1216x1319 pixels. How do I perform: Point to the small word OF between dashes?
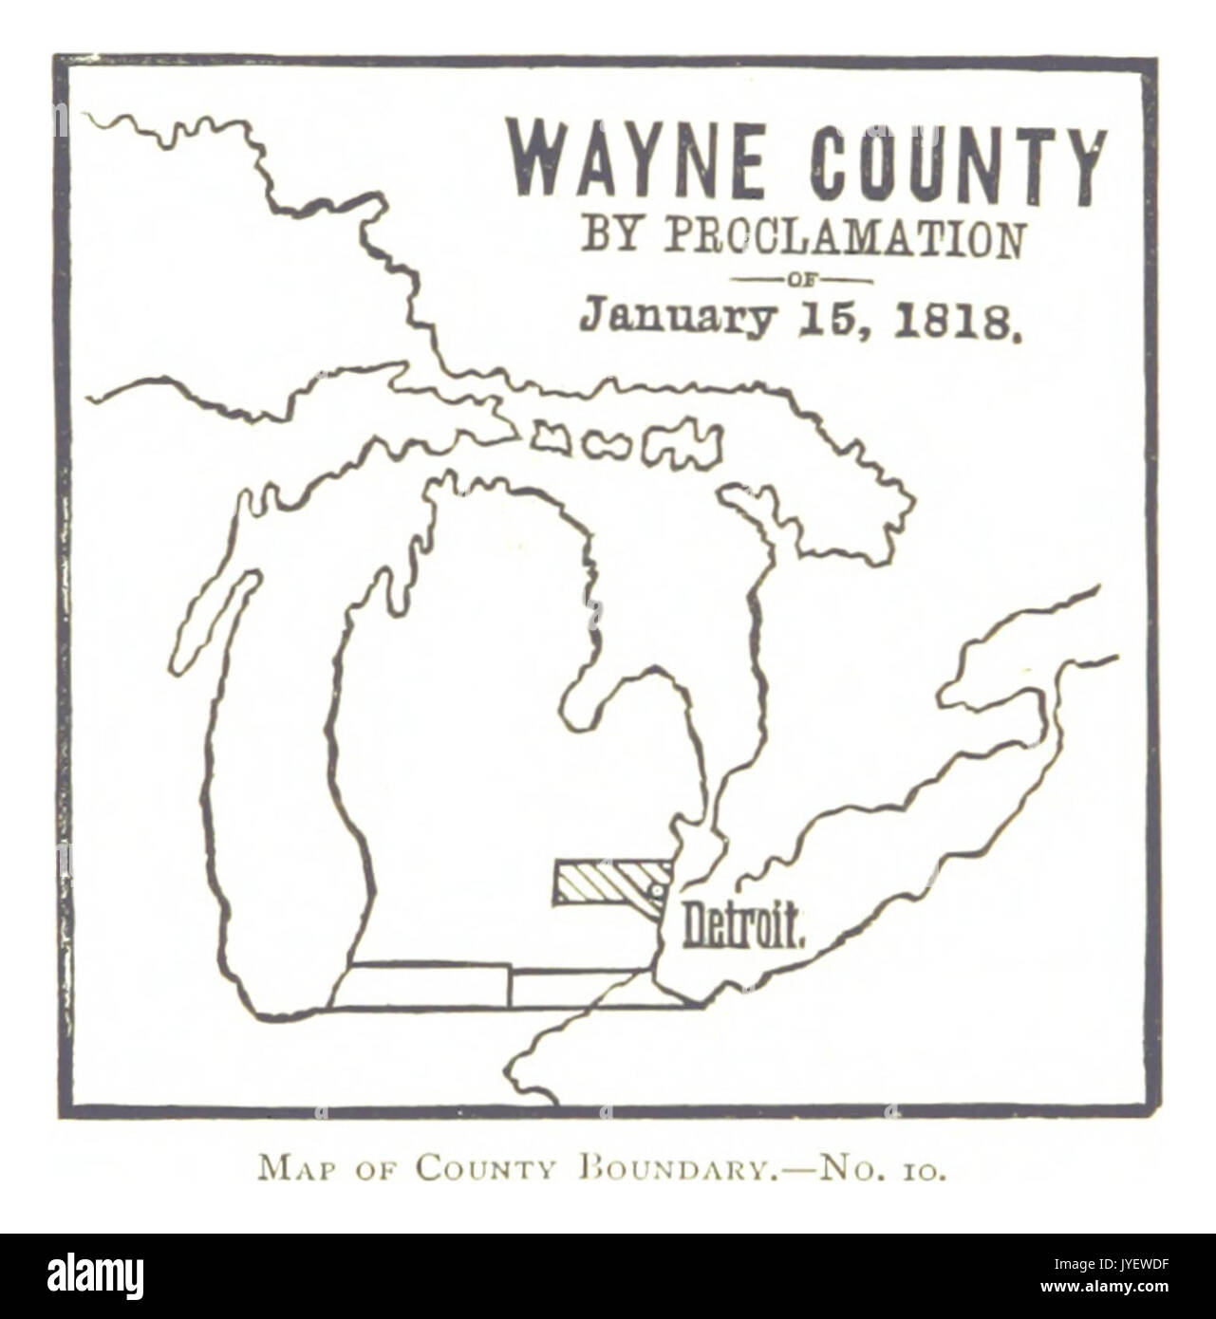point(803,280)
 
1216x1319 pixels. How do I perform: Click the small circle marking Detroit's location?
point(654,889)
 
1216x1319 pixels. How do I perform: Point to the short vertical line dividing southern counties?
point(510,988)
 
